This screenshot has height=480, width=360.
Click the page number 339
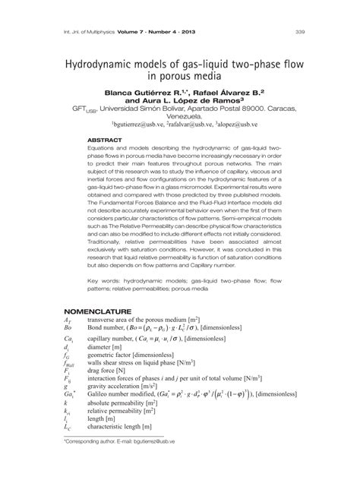coord(300,33)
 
